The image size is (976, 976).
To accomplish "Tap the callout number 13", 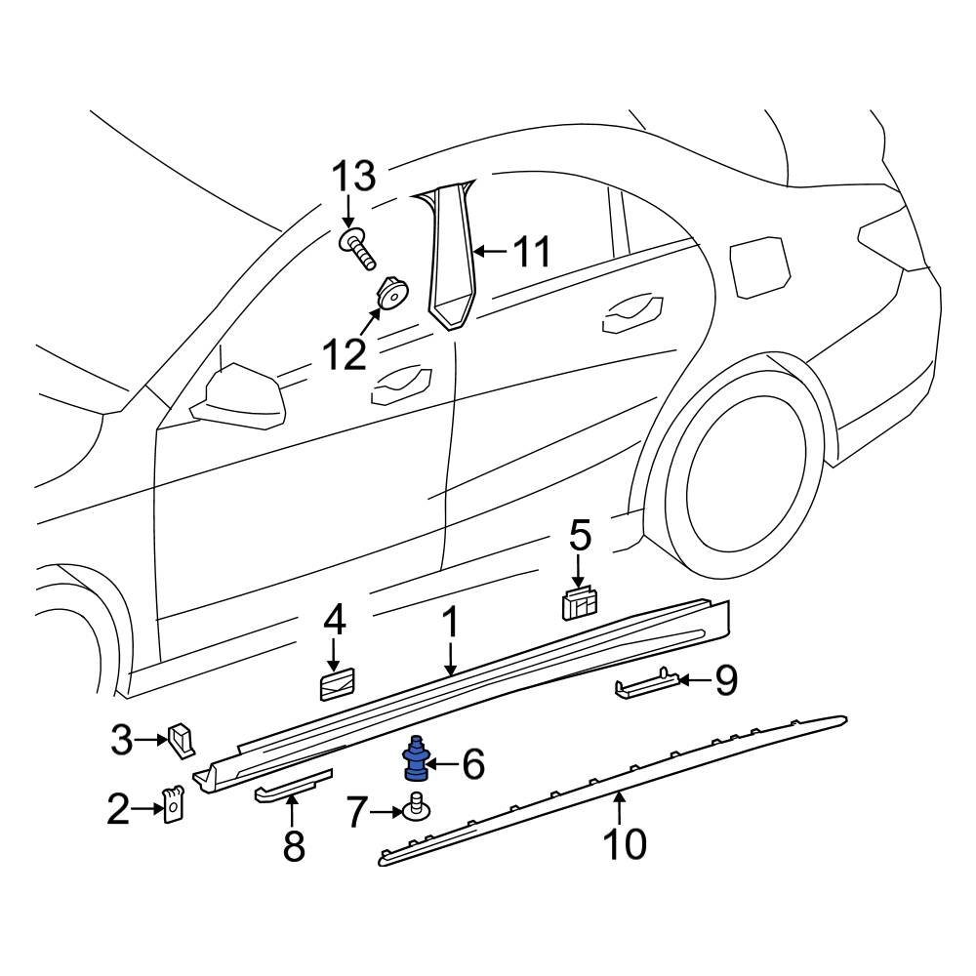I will tap(351, 178).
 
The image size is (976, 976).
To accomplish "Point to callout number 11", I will tap(533, 252).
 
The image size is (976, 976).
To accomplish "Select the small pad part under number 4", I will tap(337, 685).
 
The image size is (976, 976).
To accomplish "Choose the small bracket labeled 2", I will tap(173, 806).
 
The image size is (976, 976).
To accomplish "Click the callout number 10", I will tap(624, 843).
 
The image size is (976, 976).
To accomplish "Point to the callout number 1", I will tap(451, 622).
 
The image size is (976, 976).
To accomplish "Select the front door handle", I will tap(398, 386).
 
